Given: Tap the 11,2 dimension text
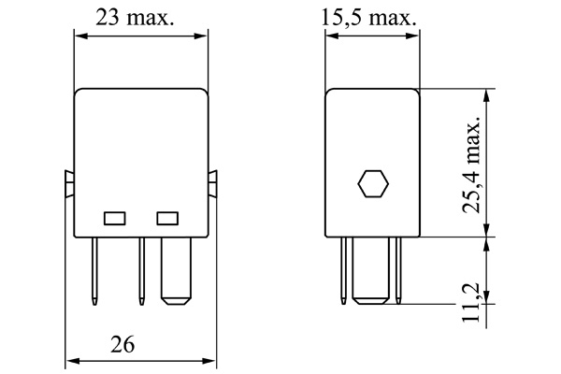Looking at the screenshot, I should [473, 301].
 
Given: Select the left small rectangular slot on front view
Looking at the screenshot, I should [114, 218].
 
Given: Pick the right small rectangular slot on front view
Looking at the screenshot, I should [167, 218].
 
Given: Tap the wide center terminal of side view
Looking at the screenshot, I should [372, 270].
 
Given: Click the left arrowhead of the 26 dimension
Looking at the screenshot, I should [70, 360].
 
